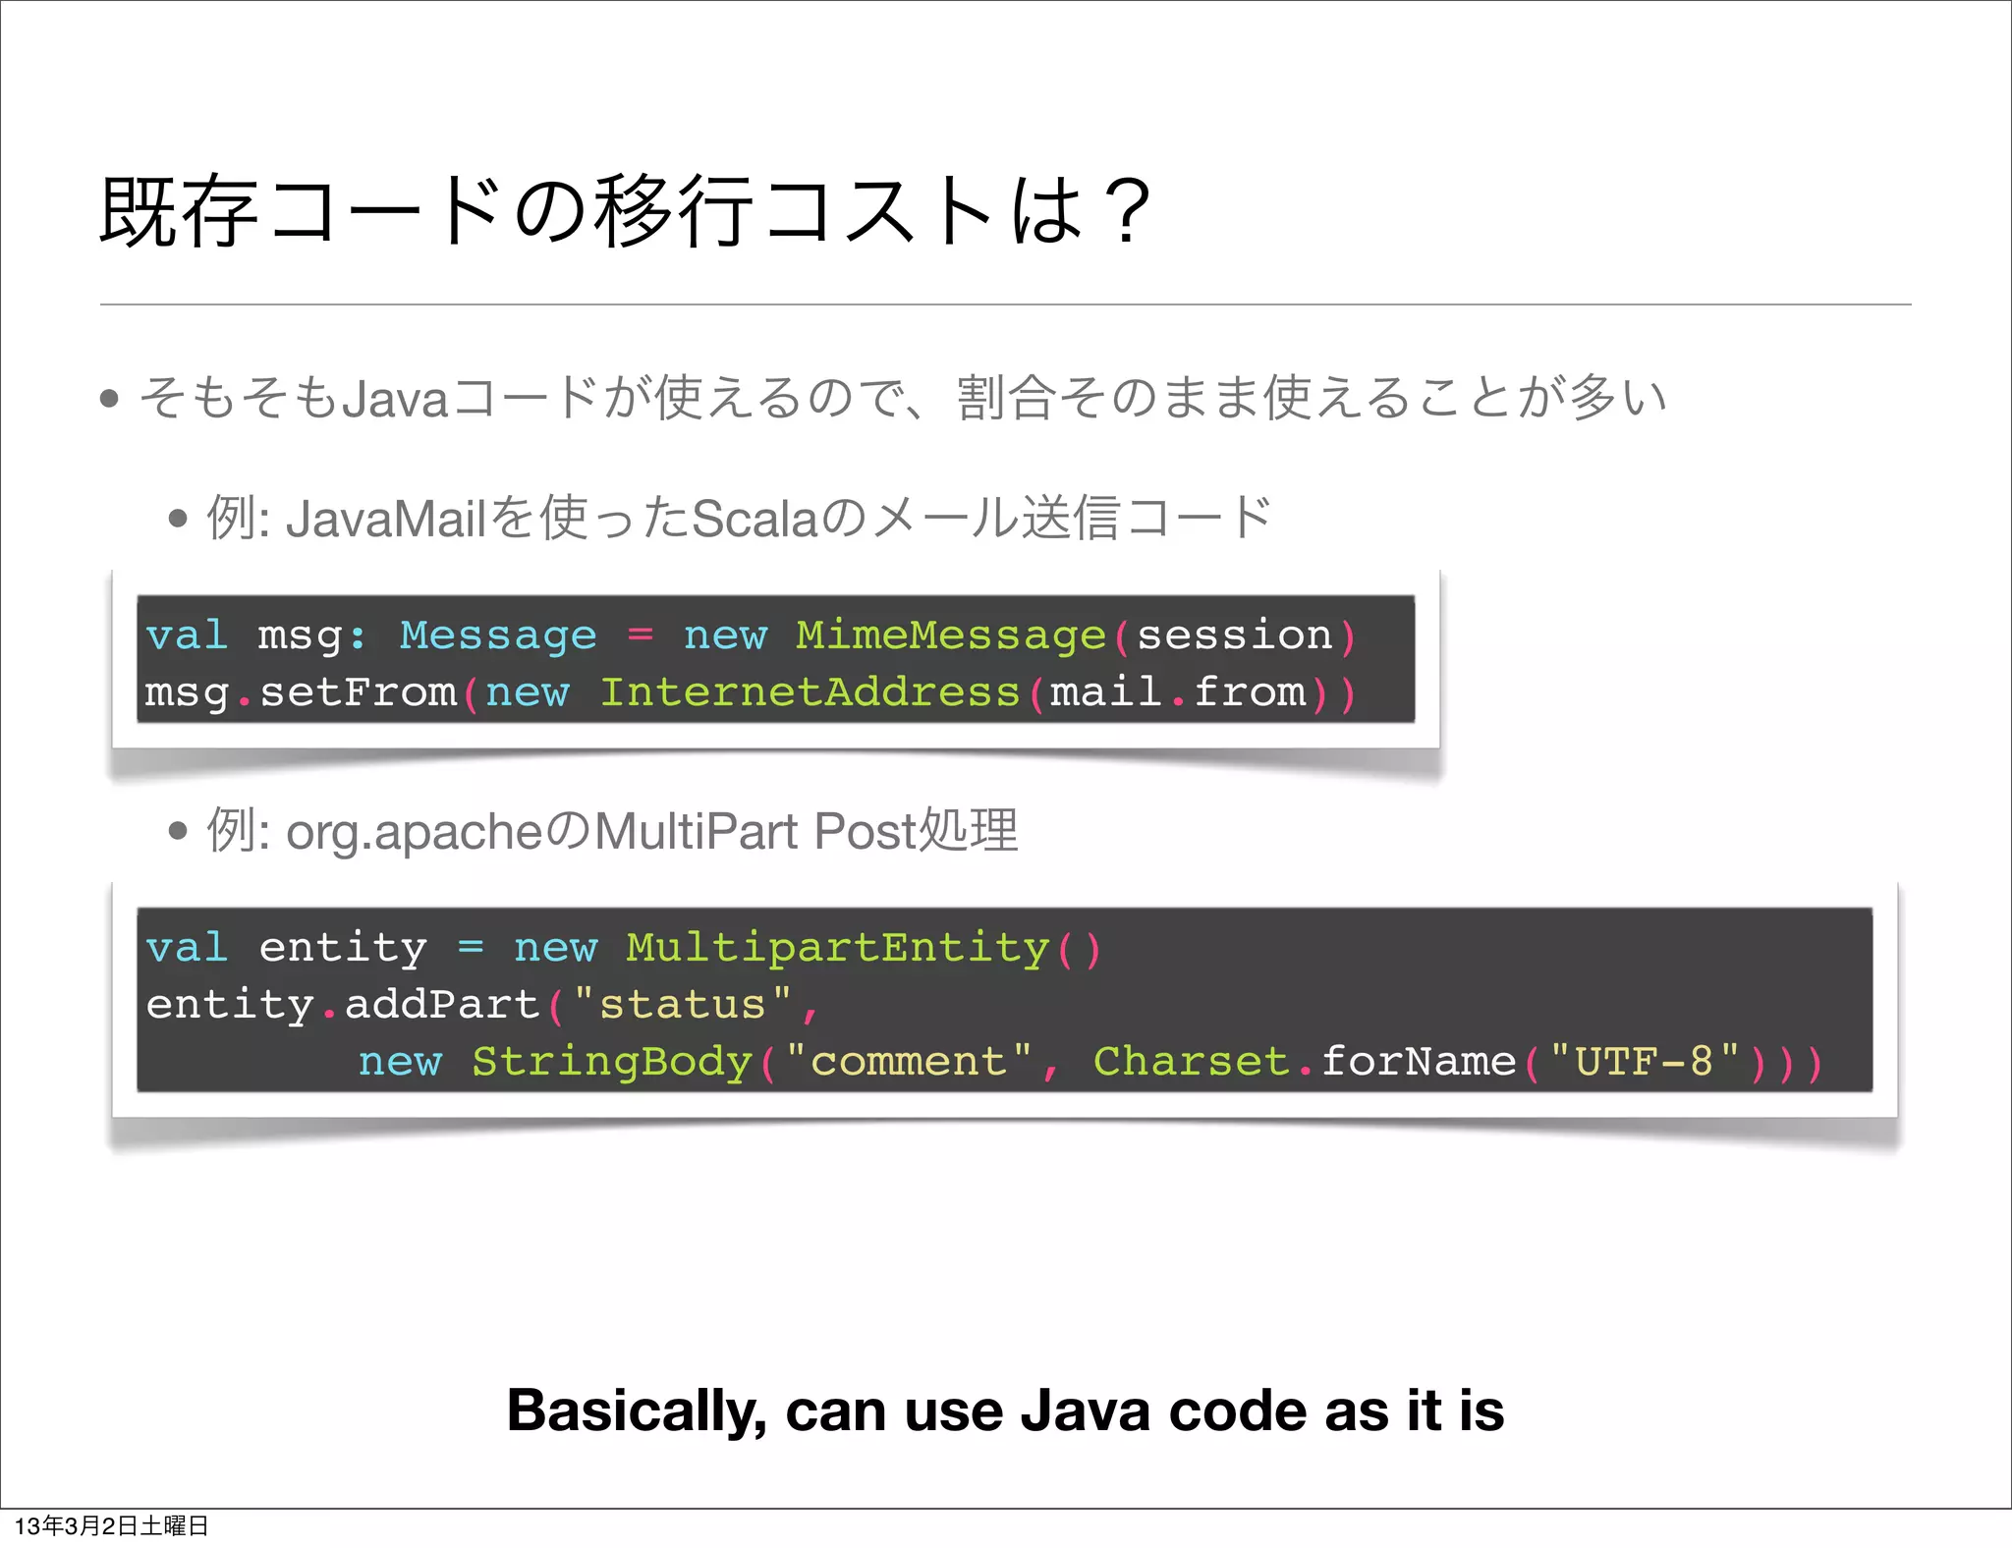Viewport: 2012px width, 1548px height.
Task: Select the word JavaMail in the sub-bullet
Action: tap(386, 519)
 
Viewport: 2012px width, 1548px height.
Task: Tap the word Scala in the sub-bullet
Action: tap(754, 519)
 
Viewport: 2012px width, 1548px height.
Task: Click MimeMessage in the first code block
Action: tap(951, 636)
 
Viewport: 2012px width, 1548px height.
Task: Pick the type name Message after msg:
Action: tap(498, 636)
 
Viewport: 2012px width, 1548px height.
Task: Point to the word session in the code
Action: tap(1234, 636)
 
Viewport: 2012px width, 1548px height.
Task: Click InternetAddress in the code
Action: tap(810, 692)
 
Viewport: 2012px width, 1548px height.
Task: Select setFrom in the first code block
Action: tap(358, 692)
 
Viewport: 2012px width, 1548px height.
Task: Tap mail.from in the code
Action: tap(1178, 692)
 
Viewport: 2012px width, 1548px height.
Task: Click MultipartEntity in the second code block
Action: tap(838, 948)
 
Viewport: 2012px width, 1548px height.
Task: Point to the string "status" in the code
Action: tap(683, 1005)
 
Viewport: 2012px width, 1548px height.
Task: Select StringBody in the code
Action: tap(611, 1062)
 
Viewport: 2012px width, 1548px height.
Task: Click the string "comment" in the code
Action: tap(909, 1062)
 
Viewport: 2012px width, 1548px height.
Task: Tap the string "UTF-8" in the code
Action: tap(1644, 1062)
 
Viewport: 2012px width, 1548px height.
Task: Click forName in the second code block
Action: tap(1418, 1062)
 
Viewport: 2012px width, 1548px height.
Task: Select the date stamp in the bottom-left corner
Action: tap(111, 1525)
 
